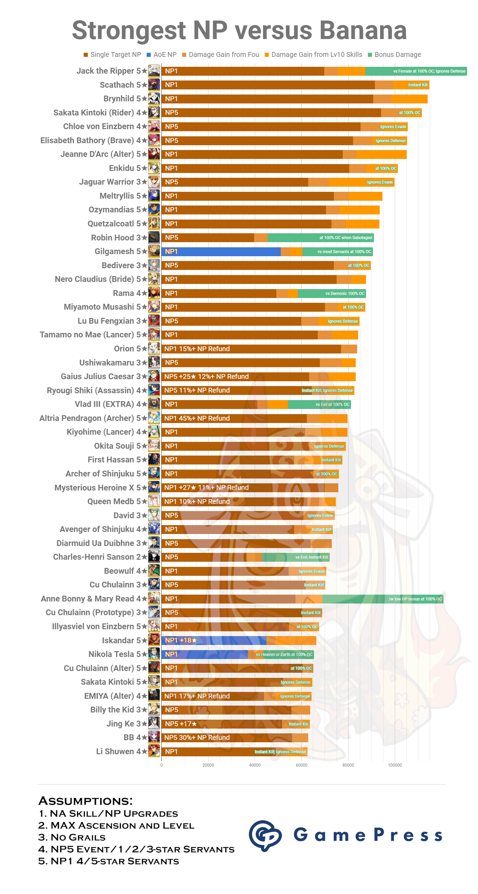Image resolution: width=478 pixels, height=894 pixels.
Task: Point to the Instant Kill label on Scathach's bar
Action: click(417, 85)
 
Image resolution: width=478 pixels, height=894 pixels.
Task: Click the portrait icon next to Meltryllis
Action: click(154, 196)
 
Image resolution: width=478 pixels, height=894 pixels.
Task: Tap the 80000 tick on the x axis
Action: click(348, 765)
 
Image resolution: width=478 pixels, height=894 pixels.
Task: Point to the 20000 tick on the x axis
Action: click(208, 765)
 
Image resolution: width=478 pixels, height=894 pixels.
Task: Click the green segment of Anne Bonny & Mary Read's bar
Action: click(381, 599)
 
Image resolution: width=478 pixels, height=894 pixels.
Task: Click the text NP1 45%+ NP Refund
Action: click(197, 419)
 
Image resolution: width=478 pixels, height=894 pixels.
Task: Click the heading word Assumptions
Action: click(85, 801)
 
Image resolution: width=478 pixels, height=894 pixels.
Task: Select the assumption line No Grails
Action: click(72, 837)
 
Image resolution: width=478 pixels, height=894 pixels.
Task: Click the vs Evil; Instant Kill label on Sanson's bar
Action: click(311, 557)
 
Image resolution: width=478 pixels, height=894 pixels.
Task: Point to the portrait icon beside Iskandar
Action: click(154, 640)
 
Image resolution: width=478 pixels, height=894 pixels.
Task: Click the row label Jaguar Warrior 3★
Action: click(113, 182)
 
